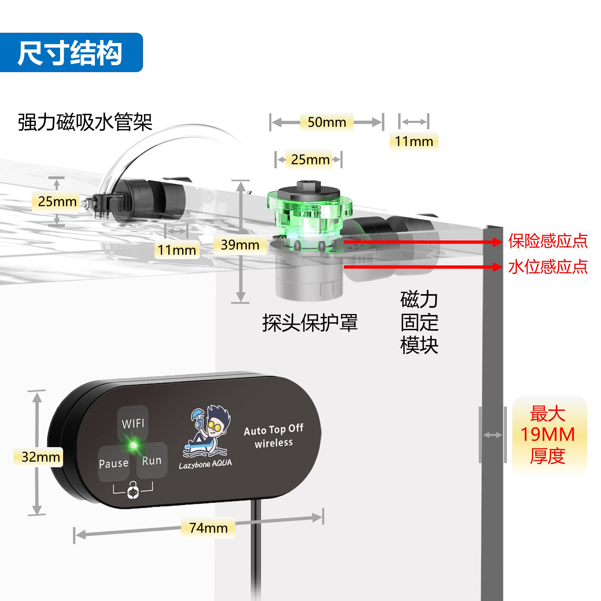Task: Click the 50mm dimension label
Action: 327,122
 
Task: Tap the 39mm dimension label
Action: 240,245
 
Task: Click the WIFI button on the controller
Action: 133,423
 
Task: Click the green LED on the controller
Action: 133,445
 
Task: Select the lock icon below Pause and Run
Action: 133,490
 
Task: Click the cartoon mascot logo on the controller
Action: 208,431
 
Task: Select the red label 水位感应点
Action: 548,267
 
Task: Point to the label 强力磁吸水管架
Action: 85,122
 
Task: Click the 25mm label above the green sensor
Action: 310,160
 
